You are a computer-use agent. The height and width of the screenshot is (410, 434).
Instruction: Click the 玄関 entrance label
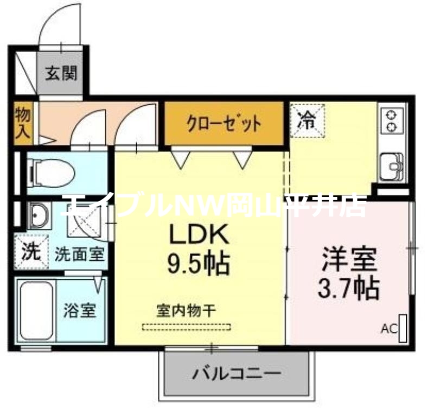pos(60,73)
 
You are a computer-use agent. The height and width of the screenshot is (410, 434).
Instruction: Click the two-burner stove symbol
pos(391,120)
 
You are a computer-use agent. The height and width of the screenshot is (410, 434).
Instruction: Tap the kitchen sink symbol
pos(391,164)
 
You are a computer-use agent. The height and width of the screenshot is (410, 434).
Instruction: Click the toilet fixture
pos(52,172)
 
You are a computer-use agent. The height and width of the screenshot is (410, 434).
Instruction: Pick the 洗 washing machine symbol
pos(30,253)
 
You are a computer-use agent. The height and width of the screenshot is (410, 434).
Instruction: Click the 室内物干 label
pos(187,311)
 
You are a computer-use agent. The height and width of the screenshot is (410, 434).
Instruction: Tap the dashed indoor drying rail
pos(187,327)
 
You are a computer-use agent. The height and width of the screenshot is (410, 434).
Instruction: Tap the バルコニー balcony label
pos(237,373)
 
